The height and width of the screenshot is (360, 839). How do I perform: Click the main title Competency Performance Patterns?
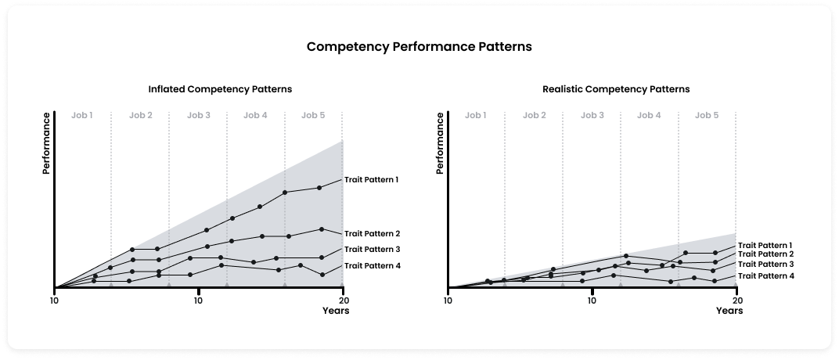(419, 46)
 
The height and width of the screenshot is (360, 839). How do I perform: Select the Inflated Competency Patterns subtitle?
(220, 89)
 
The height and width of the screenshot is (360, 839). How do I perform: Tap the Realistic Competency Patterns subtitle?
(616, 89)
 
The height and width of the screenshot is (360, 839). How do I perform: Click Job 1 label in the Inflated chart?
(81, 115)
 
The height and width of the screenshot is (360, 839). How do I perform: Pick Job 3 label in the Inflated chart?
(198, 115)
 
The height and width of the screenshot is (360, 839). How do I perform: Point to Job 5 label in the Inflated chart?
(313, 115)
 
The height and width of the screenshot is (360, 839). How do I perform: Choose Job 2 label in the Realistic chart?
(535, 115)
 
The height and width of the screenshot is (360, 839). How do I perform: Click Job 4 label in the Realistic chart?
(649, 115)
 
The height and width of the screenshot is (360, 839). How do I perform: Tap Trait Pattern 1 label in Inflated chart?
(372, 180)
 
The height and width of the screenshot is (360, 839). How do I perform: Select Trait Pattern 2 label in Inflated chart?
(372, 234)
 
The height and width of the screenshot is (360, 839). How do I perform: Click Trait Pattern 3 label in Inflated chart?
(372, 250)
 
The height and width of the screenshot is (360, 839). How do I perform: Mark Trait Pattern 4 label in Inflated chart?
(372, 266)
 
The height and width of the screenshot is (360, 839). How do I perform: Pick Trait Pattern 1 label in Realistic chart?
(765, 245)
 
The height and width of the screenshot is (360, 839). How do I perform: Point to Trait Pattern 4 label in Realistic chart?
(765, 276)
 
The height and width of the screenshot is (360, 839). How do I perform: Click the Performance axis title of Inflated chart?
(46, 143)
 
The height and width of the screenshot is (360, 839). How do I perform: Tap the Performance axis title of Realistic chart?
(440, 143)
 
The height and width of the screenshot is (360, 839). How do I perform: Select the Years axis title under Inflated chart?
(336, 311)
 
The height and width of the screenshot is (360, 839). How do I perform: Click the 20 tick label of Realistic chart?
(736, 300)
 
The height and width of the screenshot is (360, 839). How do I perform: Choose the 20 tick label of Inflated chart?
(343, 300)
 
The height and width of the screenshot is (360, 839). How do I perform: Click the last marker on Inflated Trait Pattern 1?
(319, 188)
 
